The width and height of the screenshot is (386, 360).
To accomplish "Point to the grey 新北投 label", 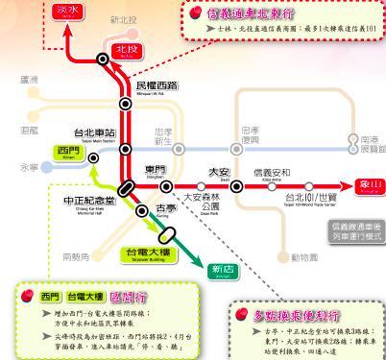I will [x=126, y=19].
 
